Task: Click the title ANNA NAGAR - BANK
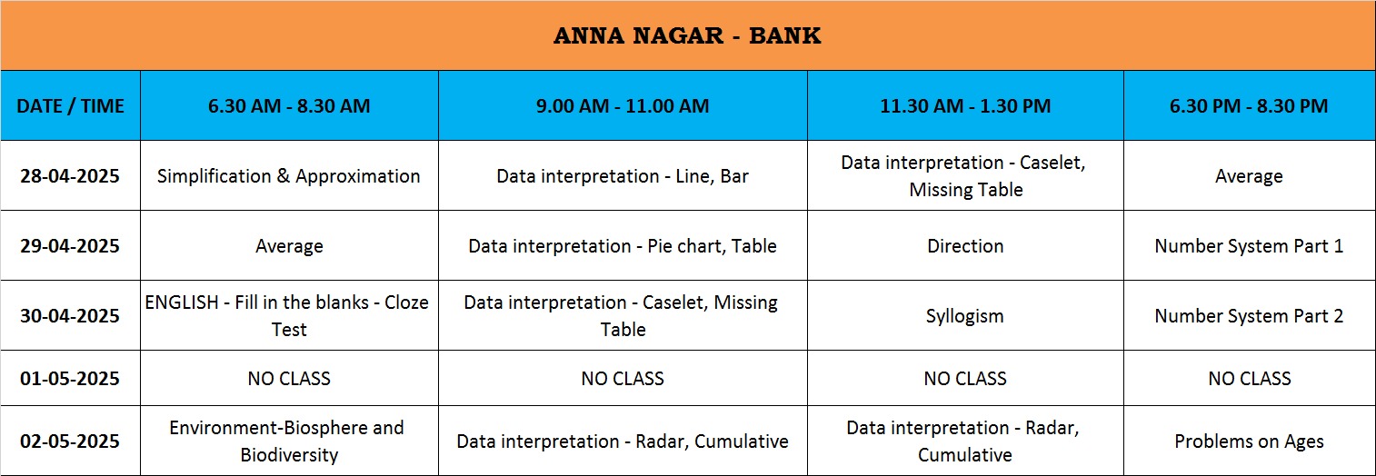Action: point(687,35)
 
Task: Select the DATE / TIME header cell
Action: point(70,105)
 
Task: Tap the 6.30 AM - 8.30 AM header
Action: point(289,105)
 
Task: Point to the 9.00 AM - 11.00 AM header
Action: point(623,105)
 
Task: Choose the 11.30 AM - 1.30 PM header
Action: point(965,105)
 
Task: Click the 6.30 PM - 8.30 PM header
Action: point(1249,105)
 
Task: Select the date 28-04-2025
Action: point(70,176)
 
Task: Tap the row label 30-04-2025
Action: point(70,316)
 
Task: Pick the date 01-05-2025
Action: point(70,378)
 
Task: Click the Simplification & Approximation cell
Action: point(289,176)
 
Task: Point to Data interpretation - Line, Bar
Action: point(623,176)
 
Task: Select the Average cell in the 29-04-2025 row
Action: point(289,246)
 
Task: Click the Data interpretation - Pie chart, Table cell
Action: point(623,246)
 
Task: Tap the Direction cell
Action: point(965,246)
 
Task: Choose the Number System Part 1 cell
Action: point(1249,246)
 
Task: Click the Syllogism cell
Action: point(965,316)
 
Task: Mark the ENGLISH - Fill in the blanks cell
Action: point(287,316)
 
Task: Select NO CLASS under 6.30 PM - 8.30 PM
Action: point(1250,378)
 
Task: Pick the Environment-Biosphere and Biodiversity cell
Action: point(287,441)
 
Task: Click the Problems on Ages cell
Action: point(1249,441)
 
